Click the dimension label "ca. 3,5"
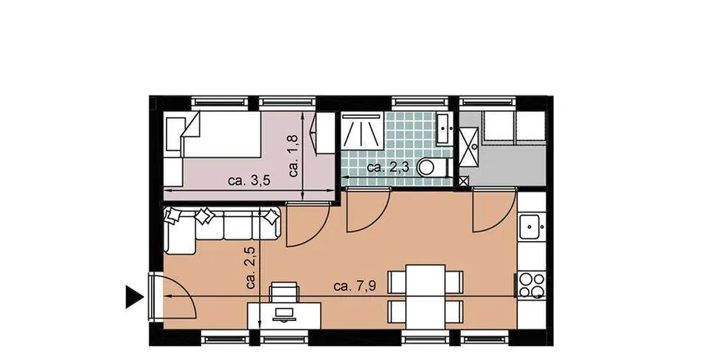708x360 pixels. click(x=249, y=181)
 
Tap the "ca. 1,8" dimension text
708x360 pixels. click(x=294, y=156)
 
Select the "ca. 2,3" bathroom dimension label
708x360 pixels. click(x=388, y=167)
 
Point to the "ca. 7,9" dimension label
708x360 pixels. click(x=355, y=286)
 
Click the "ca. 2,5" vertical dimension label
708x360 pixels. click(x=251, y=268)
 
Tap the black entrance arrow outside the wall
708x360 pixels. click(x=134, y=297)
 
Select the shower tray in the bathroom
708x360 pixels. click(x=363, y=130)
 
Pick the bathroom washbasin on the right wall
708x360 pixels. click(x=444, y=128)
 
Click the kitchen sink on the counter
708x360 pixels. click(x=531, y=227)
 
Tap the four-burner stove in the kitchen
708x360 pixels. click(x=531, y=285)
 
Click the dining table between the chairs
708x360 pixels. click(x=426, y=297)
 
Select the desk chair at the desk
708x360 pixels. click(x=283, y=292)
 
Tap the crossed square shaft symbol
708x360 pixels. click(x=464, y=182)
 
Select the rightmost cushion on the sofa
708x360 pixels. click(x=271, y=218)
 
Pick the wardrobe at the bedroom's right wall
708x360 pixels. click(x=325, y=133)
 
